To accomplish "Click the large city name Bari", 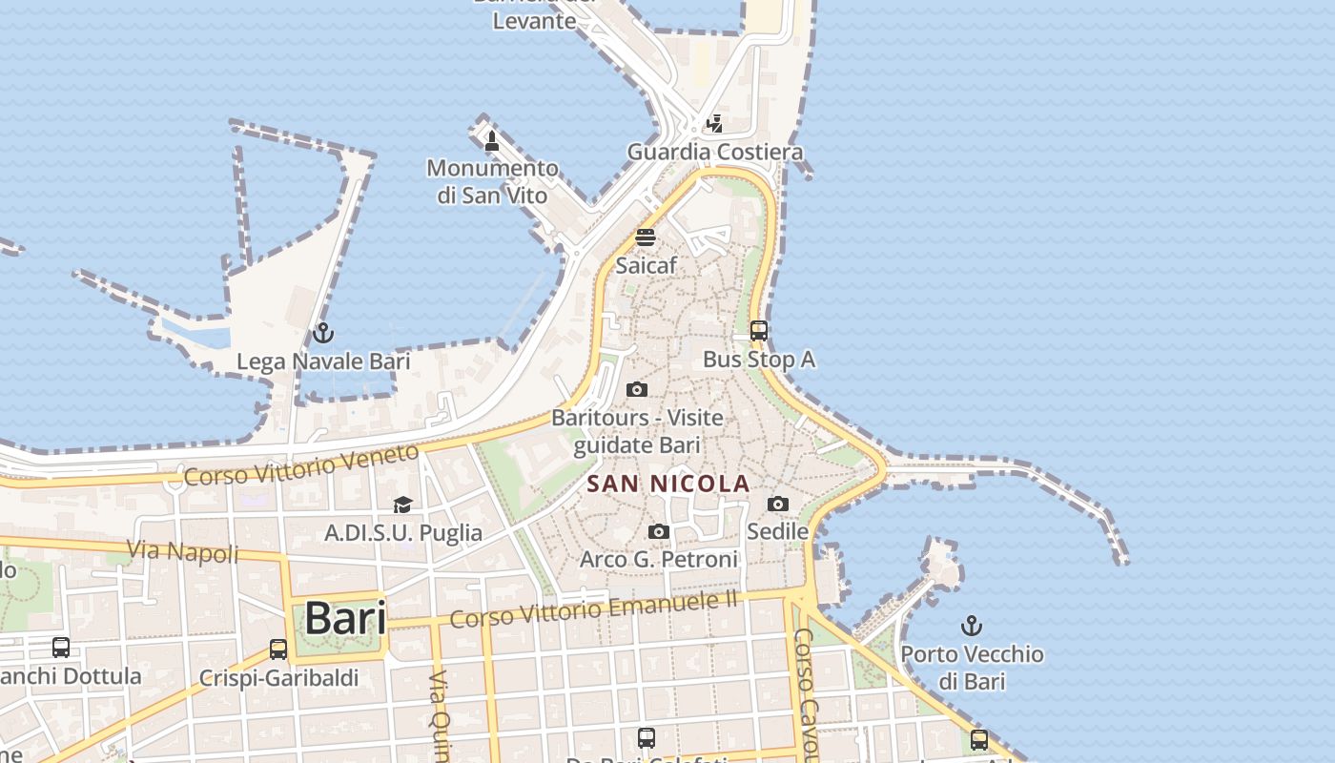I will (345, 619).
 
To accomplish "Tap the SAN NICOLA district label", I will (667, 484).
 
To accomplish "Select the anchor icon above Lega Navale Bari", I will (323, 333).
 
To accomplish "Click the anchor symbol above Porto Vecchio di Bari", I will (971, 626).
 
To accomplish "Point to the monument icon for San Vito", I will (492, 141).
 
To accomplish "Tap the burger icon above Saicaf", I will (646, 237).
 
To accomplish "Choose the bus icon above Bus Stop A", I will (759, 331).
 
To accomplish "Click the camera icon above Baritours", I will (637, 389).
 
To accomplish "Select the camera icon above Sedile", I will (778, 504).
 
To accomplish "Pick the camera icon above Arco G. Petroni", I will (659, 531).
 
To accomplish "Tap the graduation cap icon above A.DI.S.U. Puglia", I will (403, 505).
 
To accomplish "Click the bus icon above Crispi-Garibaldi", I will (278, 650).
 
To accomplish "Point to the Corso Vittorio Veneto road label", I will (301, 464).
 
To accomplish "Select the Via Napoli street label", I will (184, 550).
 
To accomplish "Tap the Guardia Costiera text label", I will (714, 152).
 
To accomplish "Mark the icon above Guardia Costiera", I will (714, 124).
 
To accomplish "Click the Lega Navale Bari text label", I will (323, 361).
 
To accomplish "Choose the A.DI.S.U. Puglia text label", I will (403, 532).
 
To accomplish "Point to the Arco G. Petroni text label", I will (659, 559).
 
